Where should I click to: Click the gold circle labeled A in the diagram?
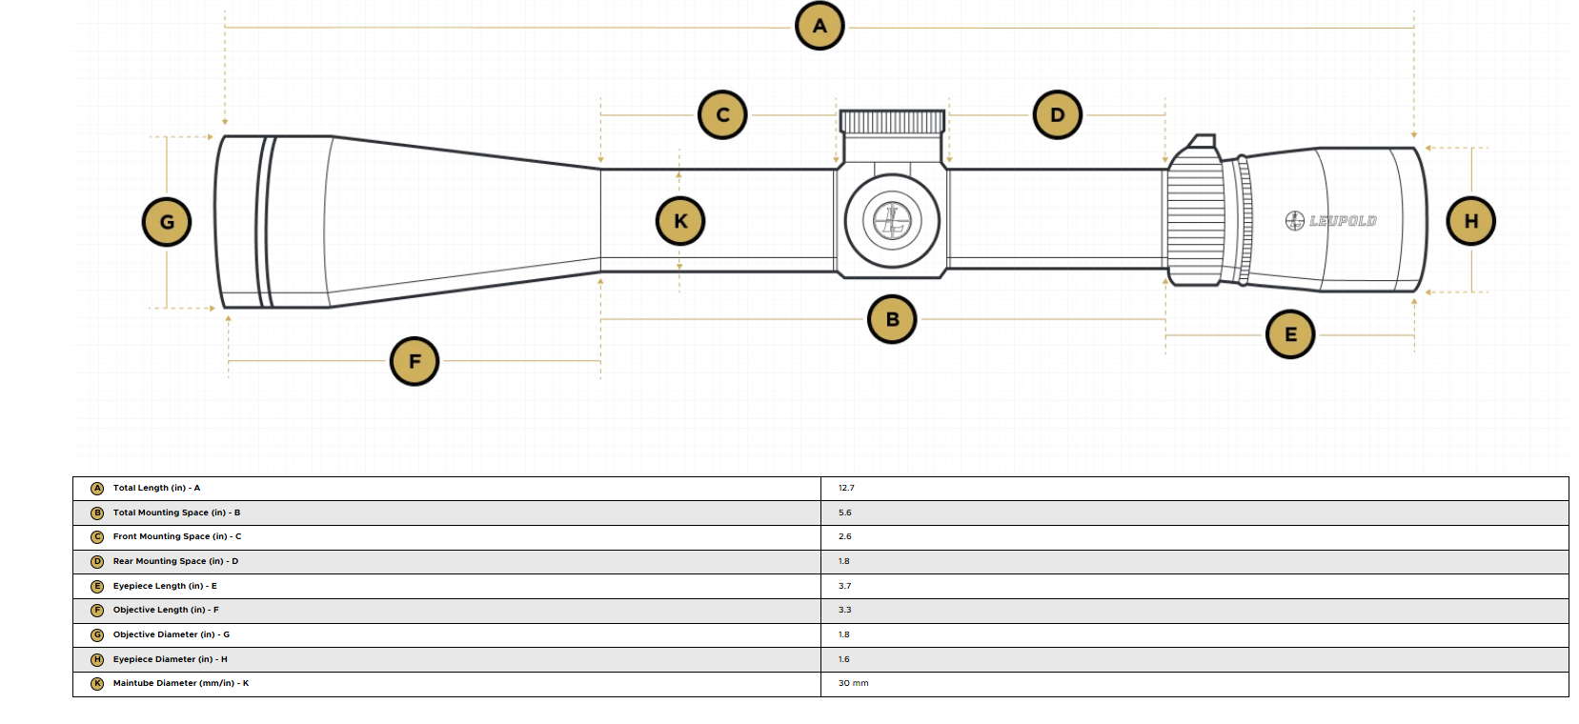point(820,26)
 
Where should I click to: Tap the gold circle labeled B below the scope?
point(892,319)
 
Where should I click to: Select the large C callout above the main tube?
point(722,115)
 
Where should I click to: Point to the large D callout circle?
point(1058,115)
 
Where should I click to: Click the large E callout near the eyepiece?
point(1290,334)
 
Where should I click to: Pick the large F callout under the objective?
point(415,362)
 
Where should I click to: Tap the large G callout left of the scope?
point(167,222)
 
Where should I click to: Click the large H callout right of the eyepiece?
point(1471,221)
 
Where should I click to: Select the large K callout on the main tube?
point(680,221)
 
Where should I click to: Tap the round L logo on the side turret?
point(892,221)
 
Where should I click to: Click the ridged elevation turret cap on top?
point(892,122)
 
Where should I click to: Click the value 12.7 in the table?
point(846,488)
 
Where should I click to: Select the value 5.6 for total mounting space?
point(844,513)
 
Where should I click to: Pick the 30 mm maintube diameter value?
point(853,683)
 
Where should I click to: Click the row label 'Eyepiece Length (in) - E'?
point(165,586)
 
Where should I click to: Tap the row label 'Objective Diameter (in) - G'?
point(172,634)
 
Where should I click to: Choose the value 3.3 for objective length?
point(844,610)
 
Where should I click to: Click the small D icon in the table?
point(97,562)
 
